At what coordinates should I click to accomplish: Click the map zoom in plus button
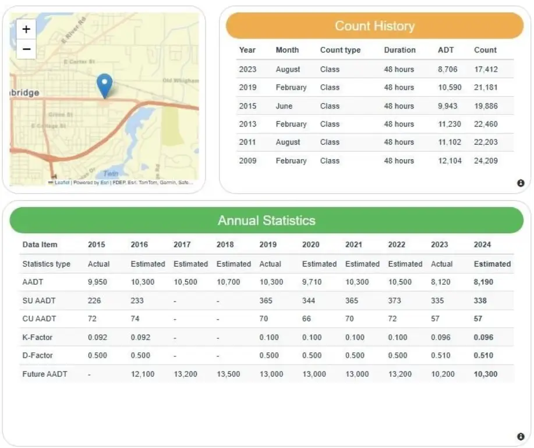tap(26, 29)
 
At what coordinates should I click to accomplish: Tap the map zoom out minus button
tap(26, 49)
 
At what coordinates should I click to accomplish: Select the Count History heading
tap(374, 26)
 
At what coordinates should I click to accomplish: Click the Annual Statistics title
tap(266, 220)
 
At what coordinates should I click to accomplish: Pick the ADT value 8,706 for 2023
tap(447, 69)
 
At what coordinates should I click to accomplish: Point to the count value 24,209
tap(486, 160)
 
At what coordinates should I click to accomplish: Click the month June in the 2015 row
tap(284, 106)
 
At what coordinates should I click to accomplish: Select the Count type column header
tap(340, 50)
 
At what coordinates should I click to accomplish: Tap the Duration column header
tap(399, 50)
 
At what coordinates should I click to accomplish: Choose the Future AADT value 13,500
tap(228, 374)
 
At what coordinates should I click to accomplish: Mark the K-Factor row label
tap(38, 337)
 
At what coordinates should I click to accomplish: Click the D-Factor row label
tap(38, 355)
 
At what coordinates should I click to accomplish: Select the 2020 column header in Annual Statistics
tap(310, 245)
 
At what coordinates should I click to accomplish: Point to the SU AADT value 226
tap(94, 301)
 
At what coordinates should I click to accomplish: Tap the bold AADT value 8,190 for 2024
tap(486, 282)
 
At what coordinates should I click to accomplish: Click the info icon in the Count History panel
tap(521, 183)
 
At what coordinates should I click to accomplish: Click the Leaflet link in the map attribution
tap(62, 183)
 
